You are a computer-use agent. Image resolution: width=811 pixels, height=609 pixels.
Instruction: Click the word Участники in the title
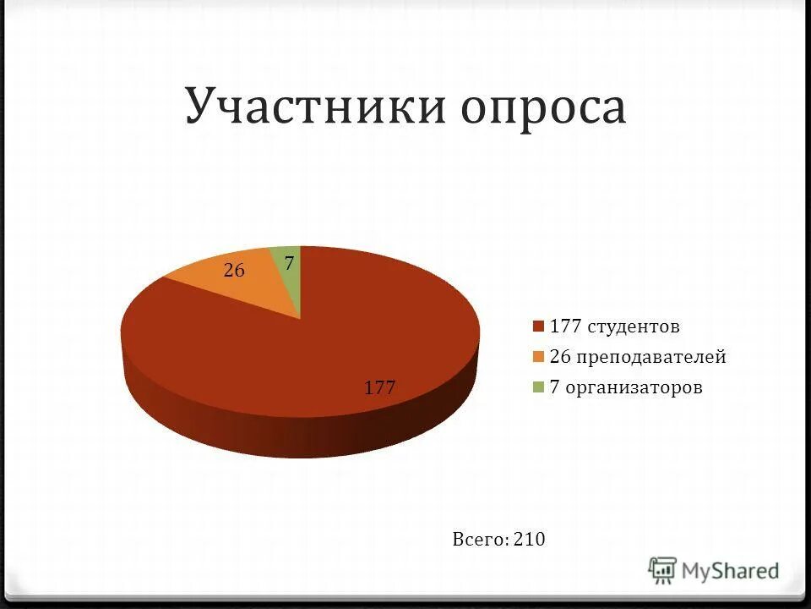coord(317,107)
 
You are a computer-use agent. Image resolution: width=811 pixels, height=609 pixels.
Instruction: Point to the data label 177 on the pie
coord(380,388)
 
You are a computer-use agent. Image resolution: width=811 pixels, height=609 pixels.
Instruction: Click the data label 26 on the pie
coord(234,271)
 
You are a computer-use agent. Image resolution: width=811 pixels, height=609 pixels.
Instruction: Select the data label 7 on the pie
coord(289,264)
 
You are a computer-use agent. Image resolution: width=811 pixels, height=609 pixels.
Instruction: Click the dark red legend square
coord(537,326)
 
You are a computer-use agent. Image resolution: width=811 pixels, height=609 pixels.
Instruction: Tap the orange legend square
coord(537,357)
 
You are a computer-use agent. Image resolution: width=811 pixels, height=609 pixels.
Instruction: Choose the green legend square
coord(537,388)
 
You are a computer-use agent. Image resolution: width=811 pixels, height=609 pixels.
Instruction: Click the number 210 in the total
coord(530,539)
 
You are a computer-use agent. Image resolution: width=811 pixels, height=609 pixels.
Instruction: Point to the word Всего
coord(480,539)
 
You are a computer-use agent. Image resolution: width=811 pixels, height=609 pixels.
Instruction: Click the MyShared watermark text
coord(731,571)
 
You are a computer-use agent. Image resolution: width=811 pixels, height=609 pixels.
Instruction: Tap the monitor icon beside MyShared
coord(663,571)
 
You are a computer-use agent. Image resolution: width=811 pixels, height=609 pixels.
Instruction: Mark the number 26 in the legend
coord(560,357)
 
